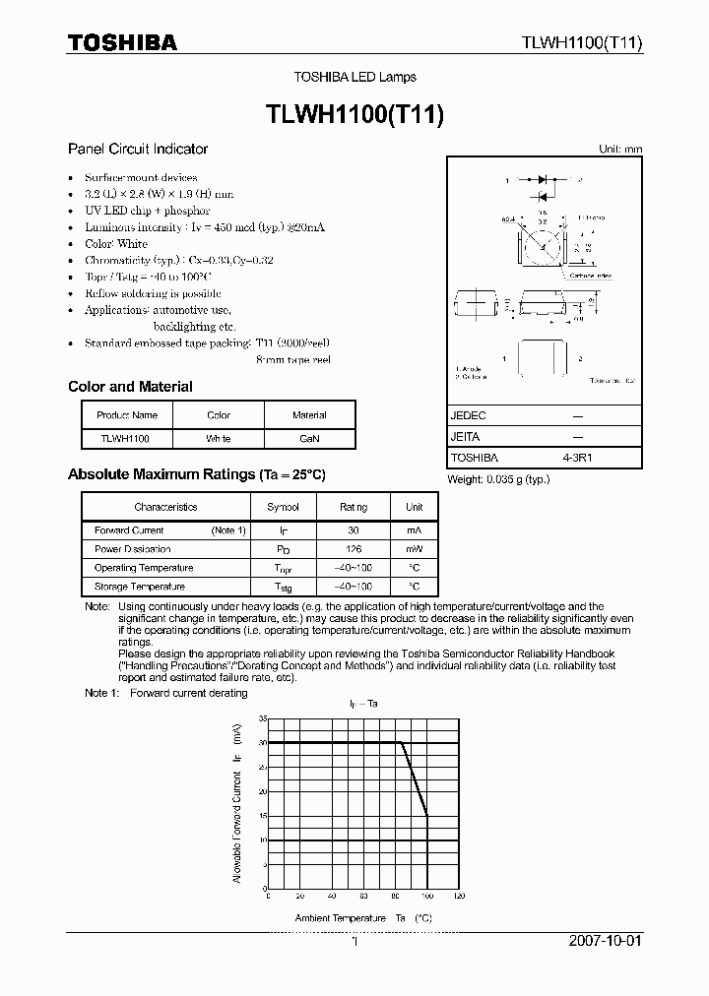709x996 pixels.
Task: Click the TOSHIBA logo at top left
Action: point(123,42)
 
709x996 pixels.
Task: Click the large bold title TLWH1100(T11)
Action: point(355,113)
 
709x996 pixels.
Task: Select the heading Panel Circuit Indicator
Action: point(138,149)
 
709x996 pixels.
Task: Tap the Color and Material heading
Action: point(130,387)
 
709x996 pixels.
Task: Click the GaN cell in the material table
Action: point(309,438)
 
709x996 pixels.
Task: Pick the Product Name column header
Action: point(127,415)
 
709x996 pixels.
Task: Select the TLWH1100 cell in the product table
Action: point(124,438)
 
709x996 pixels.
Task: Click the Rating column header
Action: point(354,507)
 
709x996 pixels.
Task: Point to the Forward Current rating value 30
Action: point(354,530)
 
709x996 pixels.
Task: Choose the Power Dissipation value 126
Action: point(354,549)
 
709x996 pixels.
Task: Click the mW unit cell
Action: point(414,549)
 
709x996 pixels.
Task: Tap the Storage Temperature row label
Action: point(139,587)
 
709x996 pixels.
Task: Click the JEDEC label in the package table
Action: point(469,416)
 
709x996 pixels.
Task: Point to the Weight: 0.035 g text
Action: point(500,479)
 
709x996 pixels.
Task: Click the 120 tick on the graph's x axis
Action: point(458,897)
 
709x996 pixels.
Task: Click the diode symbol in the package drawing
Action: point(542,181)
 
